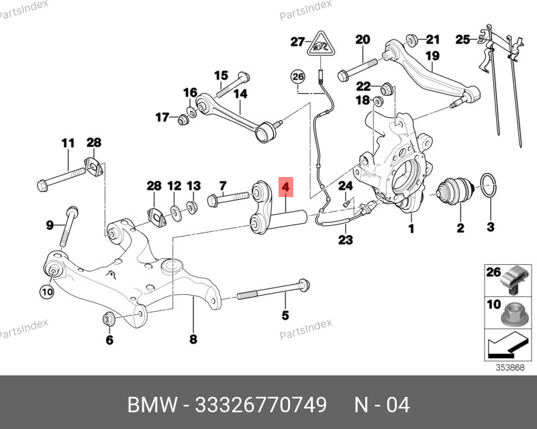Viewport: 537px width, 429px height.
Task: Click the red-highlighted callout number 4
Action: pos(285,187)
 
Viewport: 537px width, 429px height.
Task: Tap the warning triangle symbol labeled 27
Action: pos(321,46)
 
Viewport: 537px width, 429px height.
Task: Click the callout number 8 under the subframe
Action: pos(193,339)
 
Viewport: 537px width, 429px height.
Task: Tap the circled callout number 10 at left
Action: pos(46,291)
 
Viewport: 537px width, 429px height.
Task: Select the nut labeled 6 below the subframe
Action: pos(108,318)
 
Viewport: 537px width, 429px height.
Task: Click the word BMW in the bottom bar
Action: pos(148,406)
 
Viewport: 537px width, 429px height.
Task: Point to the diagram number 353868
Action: pos(510,367)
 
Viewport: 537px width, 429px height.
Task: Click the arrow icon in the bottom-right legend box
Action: pos(504,347)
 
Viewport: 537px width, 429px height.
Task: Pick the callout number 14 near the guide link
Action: pos(240,94)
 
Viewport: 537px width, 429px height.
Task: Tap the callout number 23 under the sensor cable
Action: pos(346,239)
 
